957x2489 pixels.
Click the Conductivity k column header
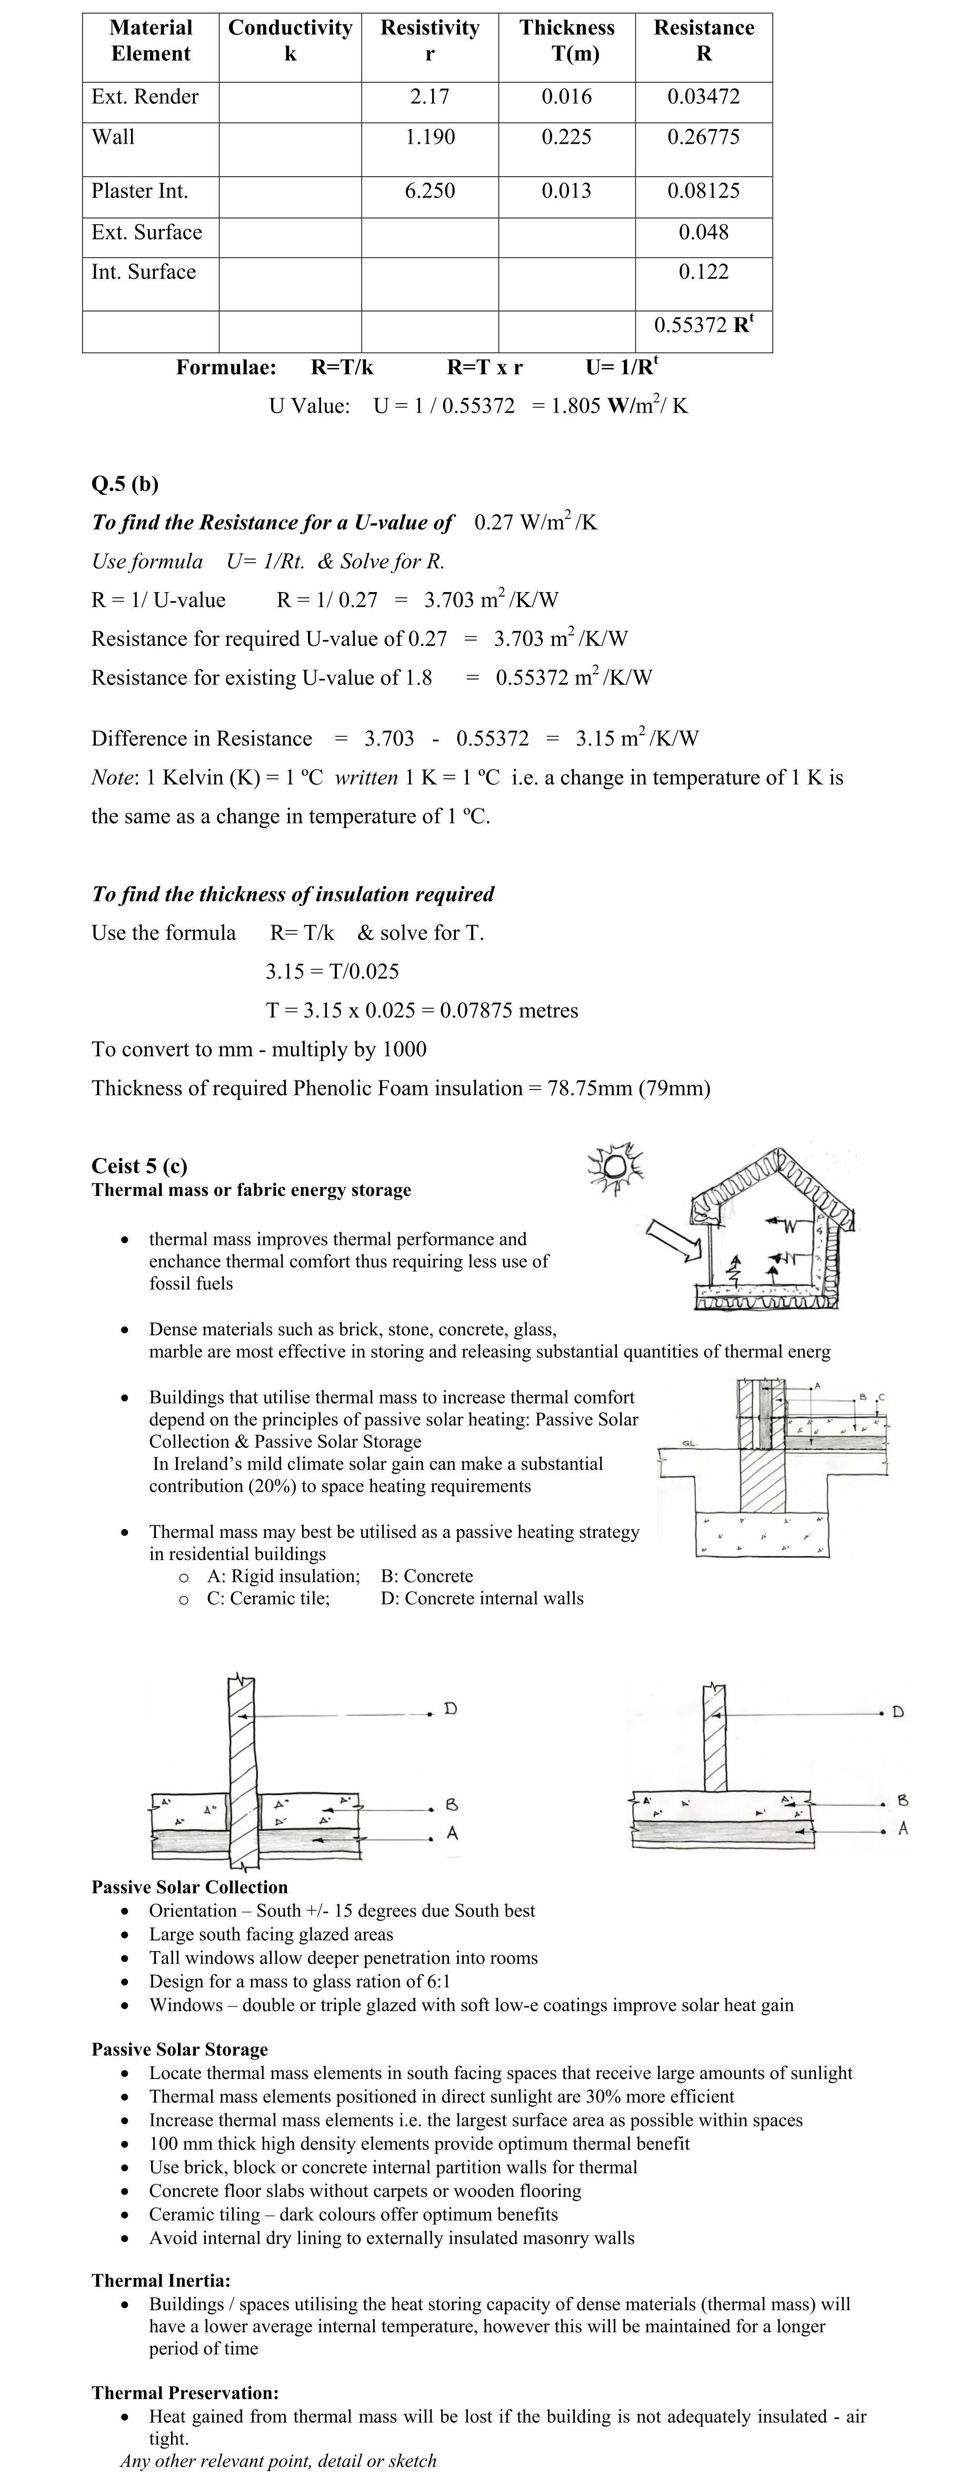click(290, 41)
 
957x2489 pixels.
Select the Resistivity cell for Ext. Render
click(429, 97)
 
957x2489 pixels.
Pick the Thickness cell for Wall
click(566, 137)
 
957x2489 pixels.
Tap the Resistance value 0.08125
click(703, 191)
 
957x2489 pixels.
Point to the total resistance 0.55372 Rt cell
click(703, 325)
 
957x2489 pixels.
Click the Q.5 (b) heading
click(125, 484)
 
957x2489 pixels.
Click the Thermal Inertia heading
click(161, 2280)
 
